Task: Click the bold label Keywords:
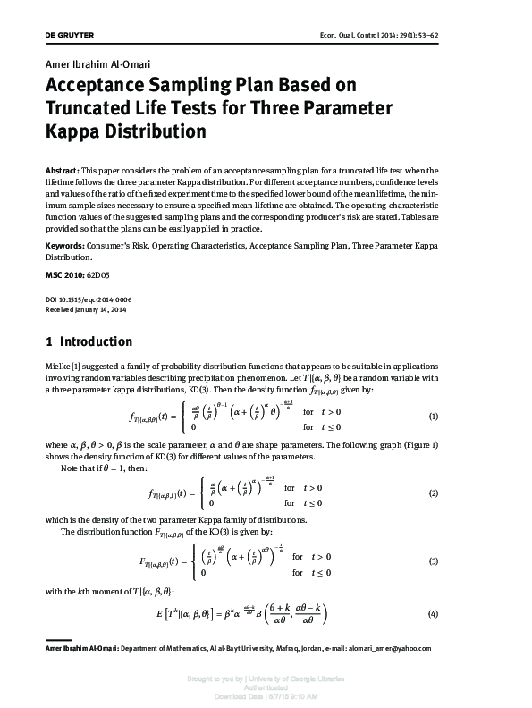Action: (65, 244)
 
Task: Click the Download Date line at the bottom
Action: (266, 695)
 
